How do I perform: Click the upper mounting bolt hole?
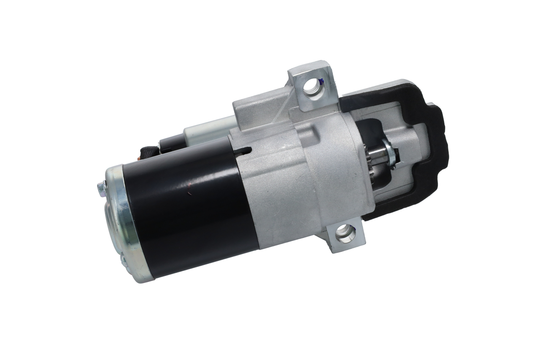(x=313, y=86)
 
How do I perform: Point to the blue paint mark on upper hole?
(x=321, y=83)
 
